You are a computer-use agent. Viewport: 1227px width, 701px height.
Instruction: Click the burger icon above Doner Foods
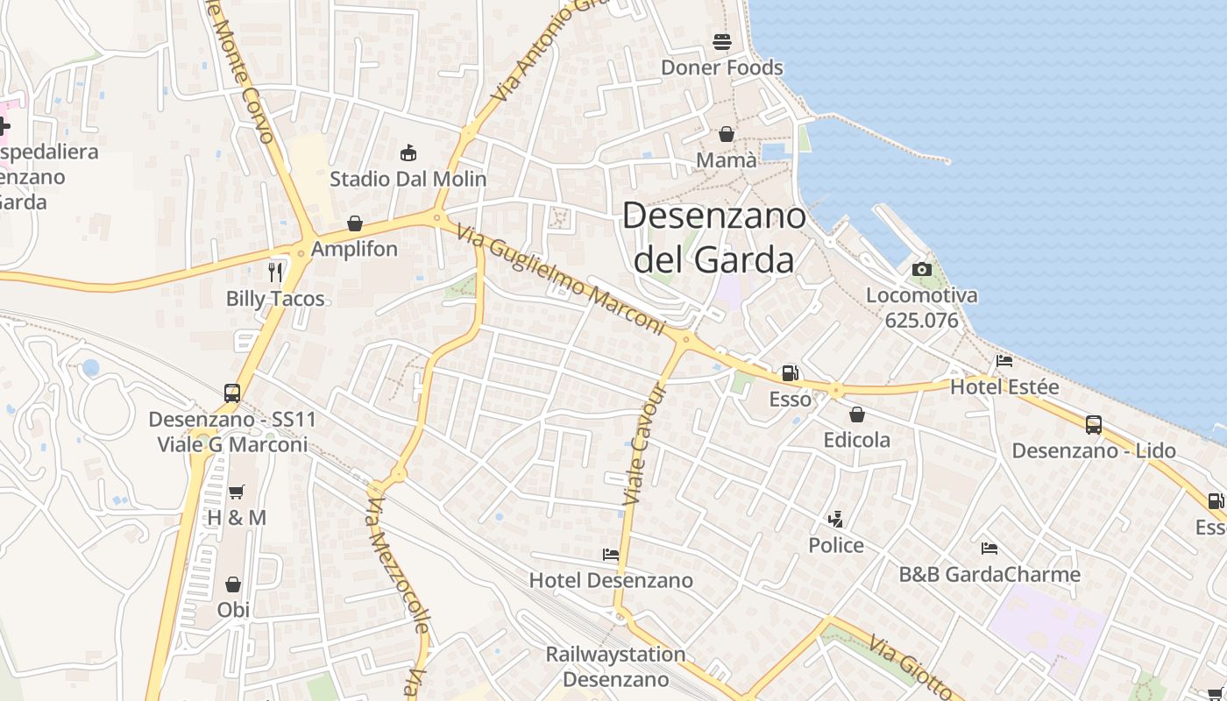click(722, 41)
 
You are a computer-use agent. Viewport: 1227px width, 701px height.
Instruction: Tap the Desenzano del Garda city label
click(713, 237)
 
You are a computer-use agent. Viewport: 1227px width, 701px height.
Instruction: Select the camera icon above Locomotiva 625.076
click(921, 269)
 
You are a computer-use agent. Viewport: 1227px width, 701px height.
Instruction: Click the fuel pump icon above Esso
click(790, 373)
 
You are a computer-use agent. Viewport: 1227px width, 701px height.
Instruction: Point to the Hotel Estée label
click(1004, 386)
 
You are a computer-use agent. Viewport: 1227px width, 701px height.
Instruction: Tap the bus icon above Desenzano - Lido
click(1094, 425)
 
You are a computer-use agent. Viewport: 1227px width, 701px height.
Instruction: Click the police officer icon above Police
click(835, 520)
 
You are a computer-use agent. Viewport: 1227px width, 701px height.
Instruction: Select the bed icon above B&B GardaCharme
click(989, 549)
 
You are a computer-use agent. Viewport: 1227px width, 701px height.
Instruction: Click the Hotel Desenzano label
click(611, 580)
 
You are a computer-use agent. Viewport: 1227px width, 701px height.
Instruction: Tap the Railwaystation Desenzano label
click(615, 667)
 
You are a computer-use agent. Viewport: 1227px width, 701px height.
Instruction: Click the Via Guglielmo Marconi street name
click(562, 281)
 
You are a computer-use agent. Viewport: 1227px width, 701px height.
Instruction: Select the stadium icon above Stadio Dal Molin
click(408, 153)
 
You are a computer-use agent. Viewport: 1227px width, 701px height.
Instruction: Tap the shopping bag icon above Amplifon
click(355, 223)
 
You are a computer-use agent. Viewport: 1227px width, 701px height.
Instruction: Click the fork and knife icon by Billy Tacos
click(275, 272)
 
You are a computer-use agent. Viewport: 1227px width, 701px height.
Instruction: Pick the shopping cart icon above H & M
click(236, 492)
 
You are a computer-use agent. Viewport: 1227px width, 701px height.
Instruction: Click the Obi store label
click(233, 609)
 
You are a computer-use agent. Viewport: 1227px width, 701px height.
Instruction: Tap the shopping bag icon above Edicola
click(857, 414)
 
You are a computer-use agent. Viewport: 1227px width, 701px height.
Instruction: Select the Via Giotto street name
click(911, 668)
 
